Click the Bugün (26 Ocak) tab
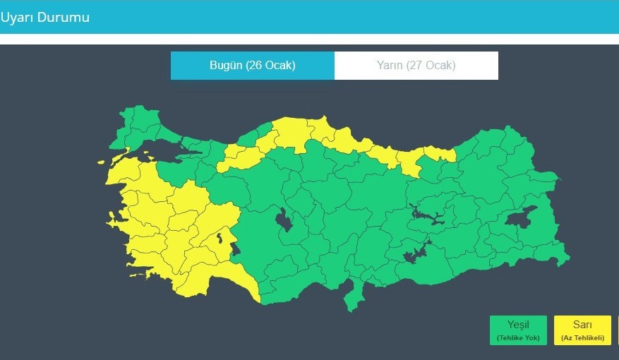click(252, 66)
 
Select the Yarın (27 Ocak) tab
click(416, 66)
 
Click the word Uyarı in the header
click(18, 17)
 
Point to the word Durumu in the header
click(64, 17)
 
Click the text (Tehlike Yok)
click(518, 338)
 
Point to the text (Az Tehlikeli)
click(582, 338)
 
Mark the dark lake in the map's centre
click(285, 222)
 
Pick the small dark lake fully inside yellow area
click(221, 238)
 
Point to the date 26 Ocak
click(270, 66)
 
